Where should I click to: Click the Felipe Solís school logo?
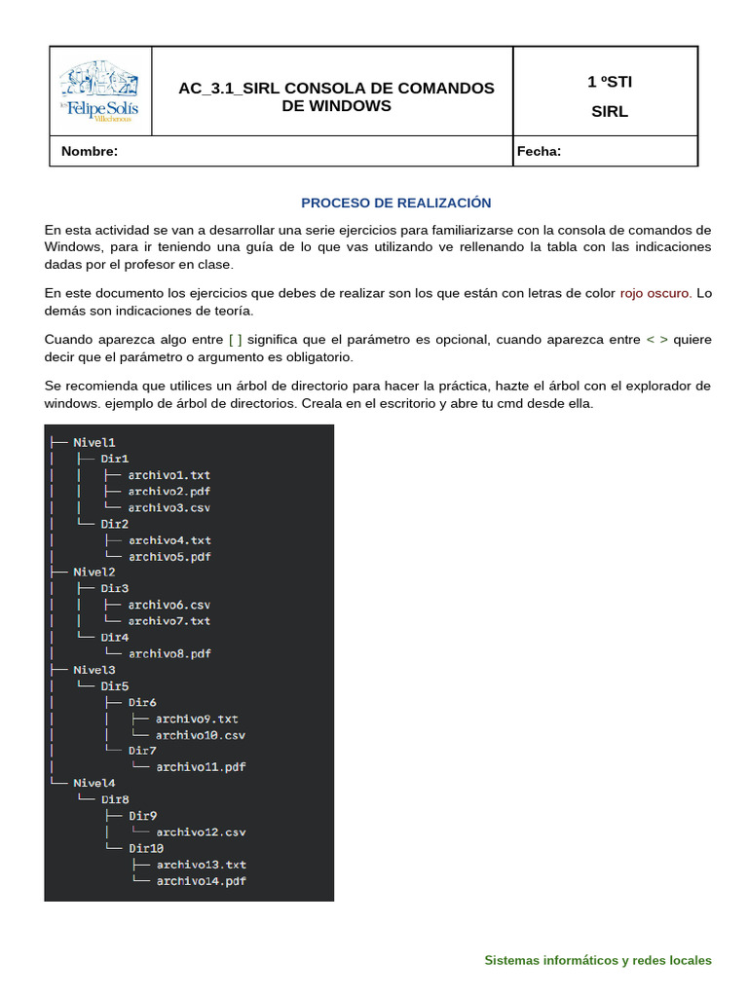tap(99, 91)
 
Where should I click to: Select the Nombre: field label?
tap(90, 151)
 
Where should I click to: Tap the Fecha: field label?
tap(539, 151)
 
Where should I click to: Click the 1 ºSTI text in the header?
tap(610, 82)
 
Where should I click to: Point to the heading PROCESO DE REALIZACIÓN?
tap(395, 203)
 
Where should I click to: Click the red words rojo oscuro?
tap(655, 293)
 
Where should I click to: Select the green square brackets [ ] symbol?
tap(235, 340)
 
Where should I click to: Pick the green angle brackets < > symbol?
tap(657, 340)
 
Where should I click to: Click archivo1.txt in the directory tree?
tap(169, 474)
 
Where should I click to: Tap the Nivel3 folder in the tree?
tap(94, 670)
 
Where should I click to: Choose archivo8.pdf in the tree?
tap(169, 653)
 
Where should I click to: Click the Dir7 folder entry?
tap(142, 751)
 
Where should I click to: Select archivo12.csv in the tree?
tap(201, 831)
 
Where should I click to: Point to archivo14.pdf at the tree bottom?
tap(201, 880)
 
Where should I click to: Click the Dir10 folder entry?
tap(146, 848)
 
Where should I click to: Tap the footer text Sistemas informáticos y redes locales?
tap(598, 960)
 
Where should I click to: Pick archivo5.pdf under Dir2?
tap(169, 556)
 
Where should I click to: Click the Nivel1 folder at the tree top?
tap(94, 442)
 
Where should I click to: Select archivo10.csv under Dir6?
tap(201, 734)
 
